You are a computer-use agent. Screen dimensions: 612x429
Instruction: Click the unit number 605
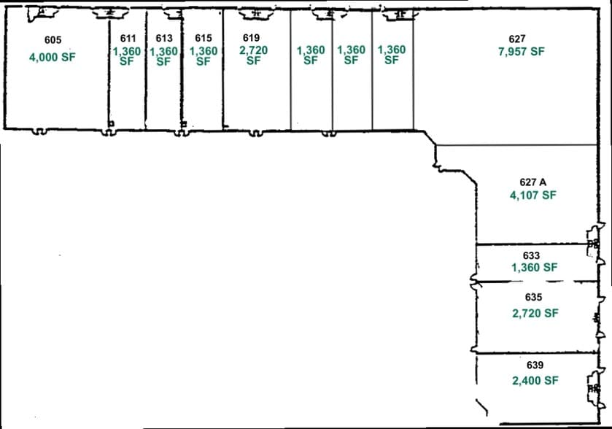coord(53,40)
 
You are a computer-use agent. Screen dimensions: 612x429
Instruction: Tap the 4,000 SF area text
coord(53,57)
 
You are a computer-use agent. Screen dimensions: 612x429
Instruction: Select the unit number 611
coord(128,38)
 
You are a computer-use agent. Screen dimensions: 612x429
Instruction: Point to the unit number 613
coord(164,38)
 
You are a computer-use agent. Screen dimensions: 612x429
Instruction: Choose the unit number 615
coord(204,38)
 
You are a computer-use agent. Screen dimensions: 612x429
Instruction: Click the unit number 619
coord(251,37)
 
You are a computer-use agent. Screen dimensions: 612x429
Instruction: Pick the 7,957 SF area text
coord(522,51)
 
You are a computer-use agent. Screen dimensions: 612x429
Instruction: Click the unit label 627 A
coord(532,182)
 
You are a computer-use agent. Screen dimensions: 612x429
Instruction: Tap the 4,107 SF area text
coord(532,195)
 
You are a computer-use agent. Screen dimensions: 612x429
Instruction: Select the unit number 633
coord(531,255)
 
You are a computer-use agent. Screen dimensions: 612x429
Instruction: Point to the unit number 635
coord(533,297)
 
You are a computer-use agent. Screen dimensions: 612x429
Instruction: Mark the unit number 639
coord(535,365)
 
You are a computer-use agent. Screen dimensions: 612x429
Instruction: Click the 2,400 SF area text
coord(535,380)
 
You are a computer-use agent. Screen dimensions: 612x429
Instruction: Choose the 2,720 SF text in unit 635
coord(535,313)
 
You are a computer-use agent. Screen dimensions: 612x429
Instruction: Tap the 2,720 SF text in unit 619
coord(254,55)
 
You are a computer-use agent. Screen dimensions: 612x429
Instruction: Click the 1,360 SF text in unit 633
coord(535,267)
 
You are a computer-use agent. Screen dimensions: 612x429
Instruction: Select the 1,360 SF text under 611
coord(127,56)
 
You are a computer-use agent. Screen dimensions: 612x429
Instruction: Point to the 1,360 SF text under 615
coord(204,56)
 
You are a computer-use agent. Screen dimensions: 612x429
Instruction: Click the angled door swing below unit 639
coord(481,407)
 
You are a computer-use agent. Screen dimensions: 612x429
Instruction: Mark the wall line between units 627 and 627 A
coord(516,145)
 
